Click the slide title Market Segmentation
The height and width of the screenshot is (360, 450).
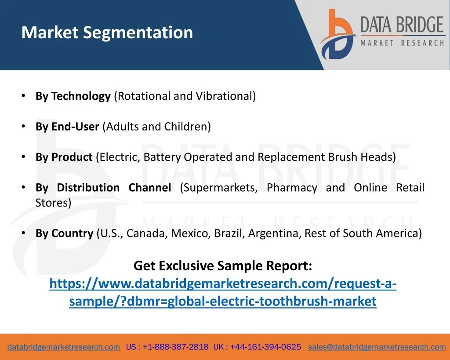[107, 33]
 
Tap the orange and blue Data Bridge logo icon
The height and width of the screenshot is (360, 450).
[338, 34]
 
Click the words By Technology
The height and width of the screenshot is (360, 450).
[73, 96]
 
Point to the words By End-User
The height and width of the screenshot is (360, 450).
[67, 127]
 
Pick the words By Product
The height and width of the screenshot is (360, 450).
[64, 157]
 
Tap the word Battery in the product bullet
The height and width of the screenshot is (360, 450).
[162, 157]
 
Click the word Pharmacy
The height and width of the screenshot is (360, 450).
[292, 188]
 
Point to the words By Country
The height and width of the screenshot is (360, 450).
[64, 233]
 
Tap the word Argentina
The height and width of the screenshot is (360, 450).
[275, 233]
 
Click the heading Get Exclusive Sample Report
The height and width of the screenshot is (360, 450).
[223, 266]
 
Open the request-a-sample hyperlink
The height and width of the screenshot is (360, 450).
[223, 292]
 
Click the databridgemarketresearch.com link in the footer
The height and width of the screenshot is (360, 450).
[64, 347]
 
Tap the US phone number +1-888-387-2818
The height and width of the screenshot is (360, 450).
[175, 347]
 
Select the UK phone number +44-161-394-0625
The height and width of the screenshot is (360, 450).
[265, 347]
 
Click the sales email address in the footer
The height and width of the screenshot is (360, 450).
[377, 347]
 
